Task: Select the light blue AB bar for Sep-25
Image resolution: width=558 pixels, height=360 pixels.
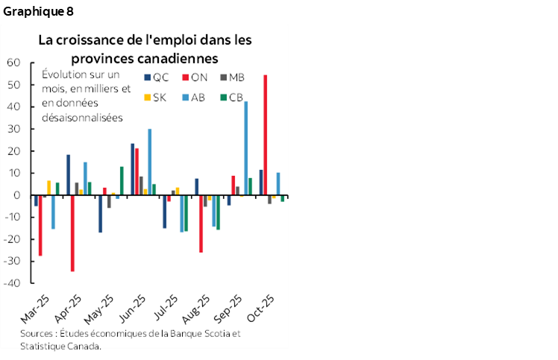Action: point(246,148)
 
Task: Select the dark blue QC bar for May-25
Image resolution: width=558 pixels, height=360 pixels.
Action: point(100,214)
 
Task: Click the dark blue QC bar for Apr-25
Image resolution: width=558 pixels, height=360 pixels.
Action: point(68,175)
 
